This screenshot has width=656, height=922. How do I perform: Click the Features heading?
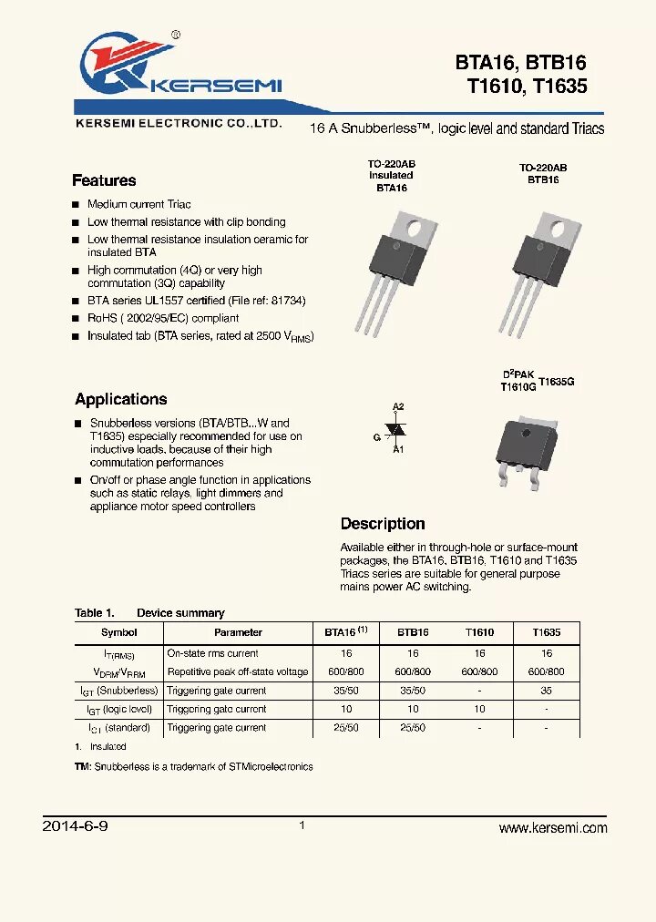click(104, 180)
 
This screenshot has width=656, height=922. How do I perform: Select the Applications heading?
click(120, 399)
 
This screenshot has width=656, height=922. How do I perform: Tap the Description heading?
click(383, 524)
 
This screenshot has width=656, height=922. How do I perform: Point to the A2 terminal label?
click(398, 406)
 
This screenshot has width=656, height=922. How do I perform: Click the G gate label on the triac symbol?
click(376, 437)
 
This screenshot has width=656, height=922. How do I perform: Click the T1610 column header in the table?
click(479, 632)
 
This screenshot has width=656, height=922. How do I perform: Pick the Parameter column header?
click(238, 632)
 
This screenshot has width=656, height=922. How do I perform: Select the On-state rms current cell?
click(212, 653)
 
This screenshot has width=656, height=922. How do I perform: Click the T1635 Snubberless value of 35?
click(546, 691)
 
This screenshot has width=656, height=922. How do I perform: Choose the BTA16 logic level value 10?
click(345, 709)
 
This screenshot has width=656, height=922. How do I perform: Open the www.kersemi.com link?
click(553, 827)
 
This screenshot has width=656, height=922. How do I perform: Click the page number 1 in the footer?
click(302, 825)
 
